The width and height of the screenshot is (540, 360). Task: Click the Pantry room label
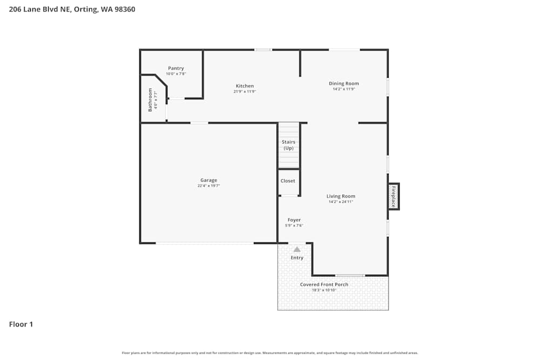pos(176,68)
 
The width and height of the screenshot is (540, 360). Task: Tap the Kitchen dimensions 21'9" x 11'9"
pos(245,92)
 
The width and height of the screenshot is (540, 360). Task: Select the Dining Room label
pos(344,83)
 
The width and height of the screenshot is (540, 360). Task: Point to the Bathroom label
pos(150,100)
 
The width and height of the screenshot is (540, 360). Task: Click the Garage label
pos(208,180)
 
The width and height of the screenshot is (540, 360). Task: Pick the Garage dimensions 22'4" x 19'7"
pos(208,186)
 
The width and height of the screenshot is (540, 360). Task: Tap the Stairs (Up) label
pos(288,145)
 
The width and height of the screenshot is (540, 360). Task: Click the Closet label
pos(288,181)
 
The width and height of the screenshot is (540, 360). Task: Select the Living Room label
pos(341,196)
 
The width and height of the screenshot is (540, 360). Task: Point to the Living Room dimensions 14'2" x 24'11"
pos(341,202)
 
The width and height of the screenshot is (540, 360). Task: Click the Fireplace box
pos(393,196)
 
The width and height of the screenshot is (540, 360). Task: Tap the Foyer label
pos(294,220)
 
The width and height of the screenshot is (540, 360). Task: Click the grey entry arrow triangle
pos(296,249)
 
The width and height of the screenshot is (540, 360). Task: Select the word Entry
pos(297,257)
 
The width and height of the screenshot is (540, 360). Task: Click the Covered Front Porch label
pos(324,284)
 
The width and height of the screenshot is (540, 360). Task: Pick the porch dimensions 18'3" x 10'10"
pos(324,290)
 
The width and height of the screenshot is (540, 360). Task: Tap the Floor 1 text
pos(21,324)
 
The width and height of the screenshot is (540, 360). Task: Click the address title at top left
pos(72,9)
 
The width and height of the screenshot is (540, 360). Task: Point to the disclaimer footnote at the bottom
pos(270,353)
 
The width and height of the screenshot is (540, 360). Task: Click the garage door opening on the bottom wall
pos(205,243)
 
